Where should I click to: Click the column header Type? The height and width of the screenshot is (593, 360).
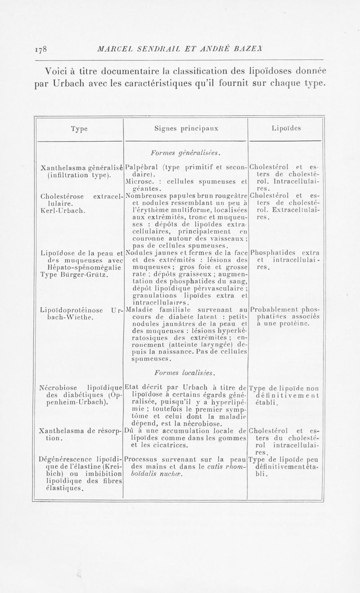click(79, 129)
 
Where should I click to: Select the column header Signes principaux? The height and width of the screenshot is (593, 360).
click(186, 129)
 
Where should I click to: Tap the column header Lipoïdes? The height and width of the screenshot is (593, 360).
click(286, 129)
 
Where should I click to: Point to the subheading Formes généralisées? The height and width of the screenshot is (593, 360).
click(186, 153)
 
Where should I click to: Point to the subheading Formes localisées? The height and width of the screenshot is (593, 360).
click(186, 373)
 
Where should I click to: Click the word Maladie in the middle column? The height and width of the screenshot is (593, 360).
click(138, 310)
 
